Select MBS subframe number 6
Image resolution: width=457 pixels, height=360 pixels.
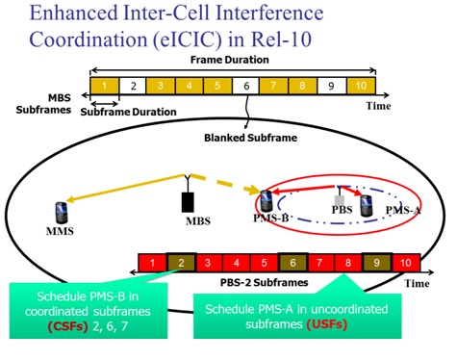click(x=247, y=86)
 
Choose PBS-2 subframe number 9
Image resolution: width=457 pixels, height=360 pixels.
click(x=378, y=262)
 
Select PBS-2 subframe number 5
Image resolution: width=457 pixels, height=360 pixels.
click(x=265, y=262)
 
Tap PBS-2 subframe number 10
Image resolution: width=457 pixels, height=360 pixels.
click(x=406, y=262)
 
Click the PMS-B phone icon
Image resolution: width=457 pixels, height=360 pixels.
click(x=267, y=200)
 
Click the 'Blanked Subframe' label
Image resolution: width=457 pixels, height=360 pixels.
click(x=248, y=138)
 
